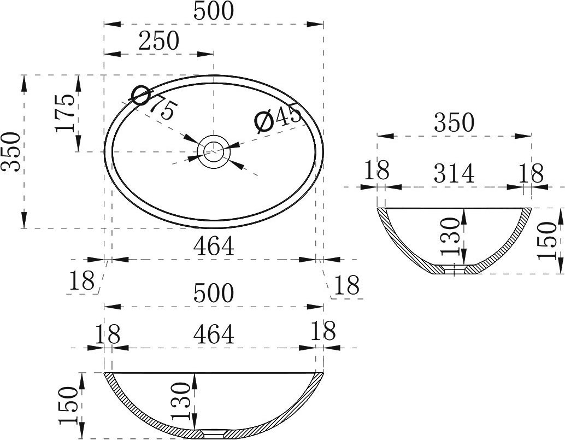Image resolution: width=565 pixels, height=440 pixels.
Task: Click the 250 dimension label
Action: pyautogui.click(x=159, y=40)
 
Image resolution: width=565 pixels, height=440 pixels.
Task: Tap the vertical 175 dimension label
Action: pyautogui.click(x=66, y=113)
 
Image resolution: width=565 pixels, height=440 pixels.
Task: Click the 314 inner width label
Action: pyautogui.click(x=454, y=173)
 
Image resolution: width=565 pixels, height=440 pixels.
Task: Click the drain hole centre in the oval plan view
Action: pyautogui.click(x=214, y=152)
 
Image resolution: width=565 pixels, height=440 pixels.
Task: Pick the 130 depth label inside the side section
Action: pyautogui.click(x=450, y=236)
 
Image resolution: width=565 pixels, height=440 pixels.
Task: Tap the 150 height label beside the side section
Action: pyautogui.click(x=546, y=240)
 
